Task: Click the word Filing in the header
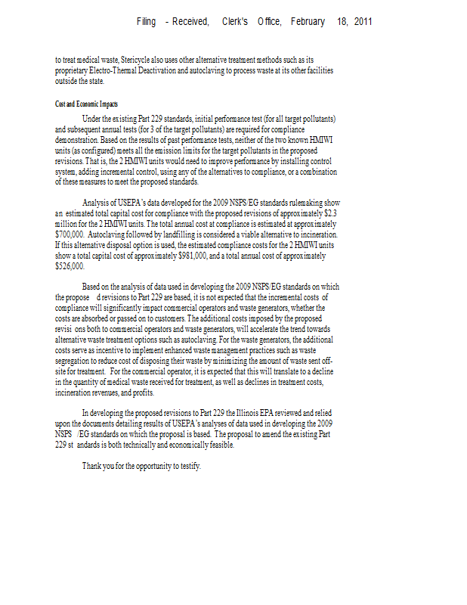(x=146, y=22)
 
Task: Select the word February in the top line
(x=308, y=22)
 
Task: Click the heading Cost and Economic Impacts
(x=86, y=104)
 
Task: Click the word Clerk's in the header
(x=235, y=22)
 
